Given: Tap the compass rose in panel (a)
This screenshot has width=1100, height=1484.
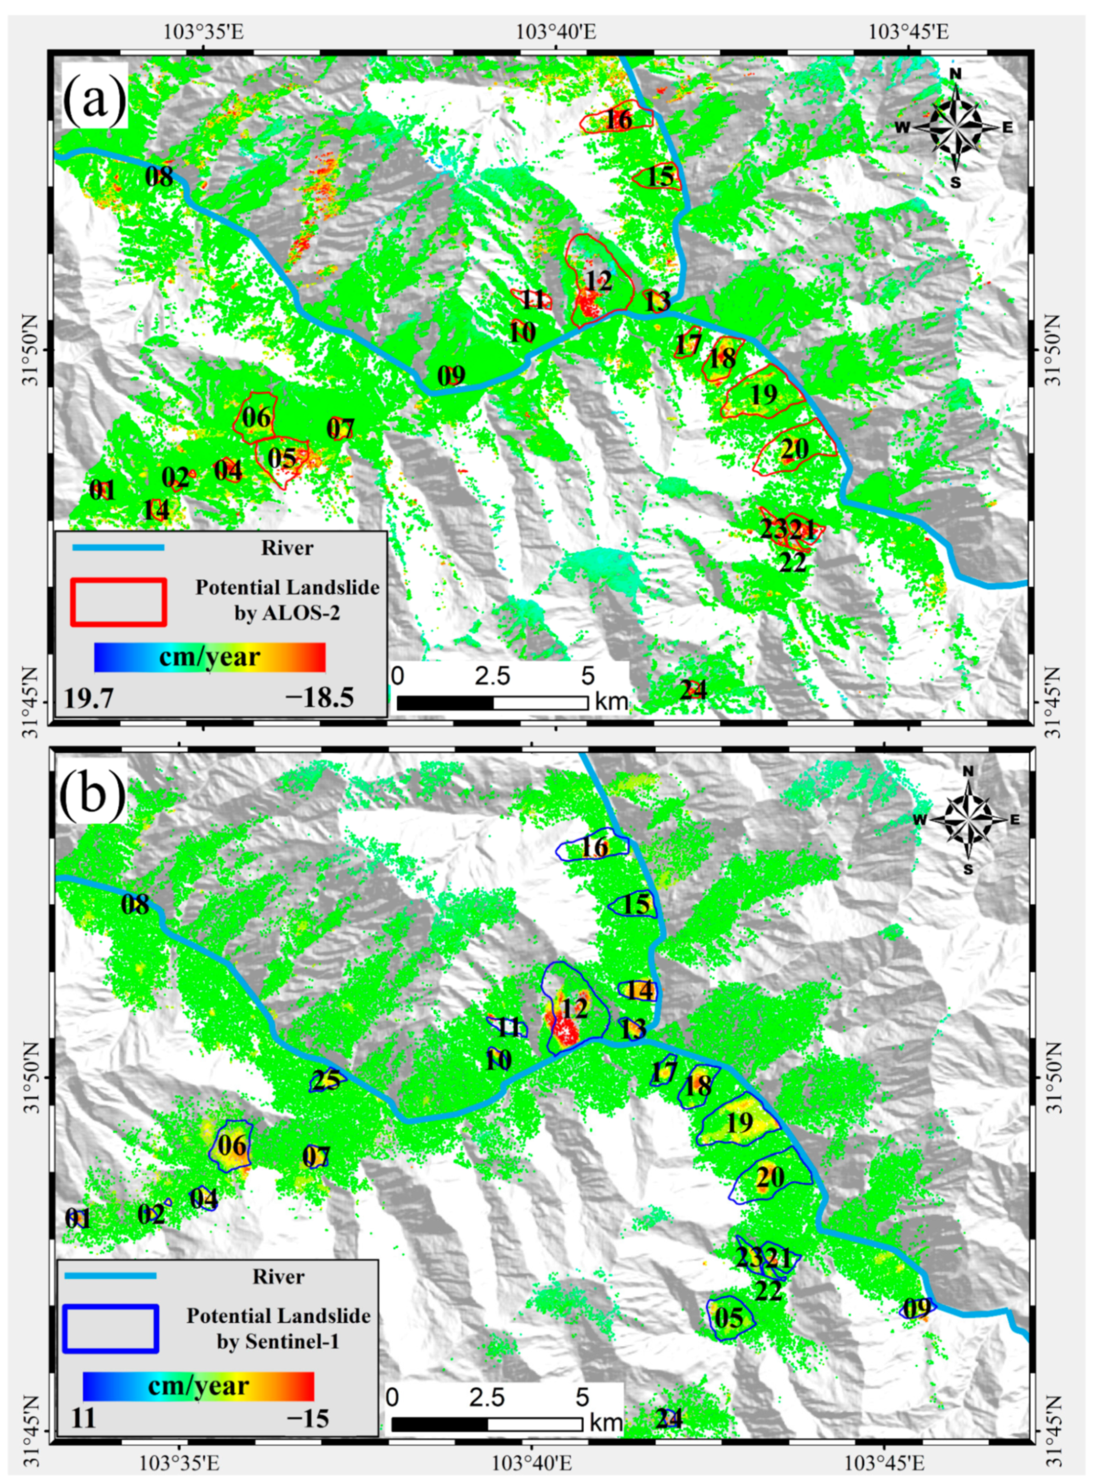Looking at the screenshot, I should coord(956,127).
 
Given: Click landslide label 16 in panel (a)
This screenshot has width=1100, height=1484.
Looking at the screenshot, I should coord(618,120).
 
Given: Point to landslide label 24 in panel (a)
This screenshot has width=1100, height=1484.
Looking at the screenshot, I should coord(693,690).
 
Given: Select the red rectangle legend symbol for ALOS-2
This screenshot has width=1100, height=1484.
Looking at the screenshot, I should coord(118,601).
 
